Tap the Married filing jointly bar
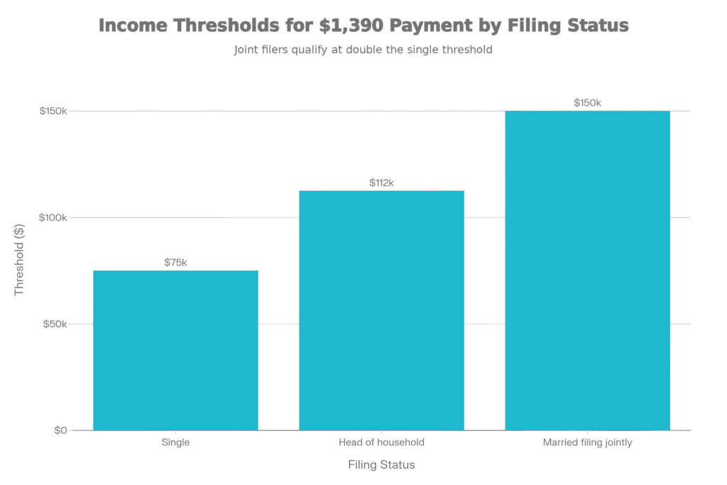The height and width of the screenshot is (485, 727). coord(587,271)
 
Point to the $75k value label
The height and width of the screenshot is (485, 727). coord(175,263)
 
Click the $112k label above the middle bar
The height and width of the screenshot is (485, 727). coord(381,183)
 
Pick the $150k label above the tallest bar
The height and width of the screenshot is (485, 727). coord(587,103)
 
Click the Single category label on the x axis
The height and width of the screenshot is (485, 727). coord(175,443)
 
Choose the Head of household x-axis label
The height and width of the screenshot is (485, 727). coord(381,443)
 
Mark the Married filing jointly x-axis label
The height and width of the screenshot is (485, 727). coord(587,443)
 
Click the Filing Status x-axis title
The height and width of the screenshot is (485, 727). coord(381,466)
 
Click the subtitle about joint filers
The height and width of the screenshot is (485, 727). coord(363,50)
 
